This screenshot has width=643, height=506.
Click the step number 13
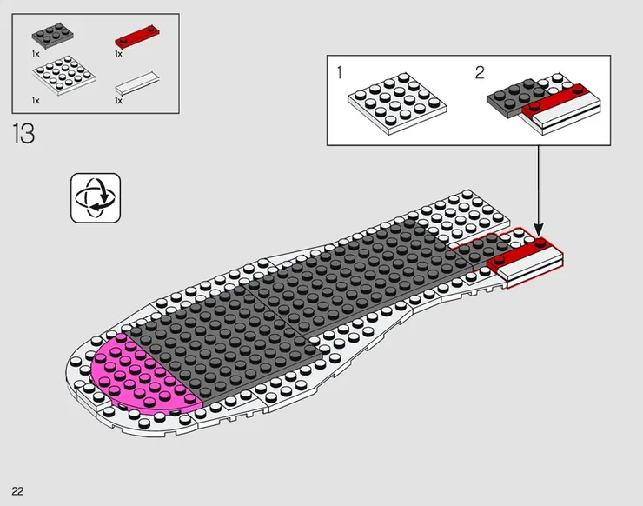[23, 133]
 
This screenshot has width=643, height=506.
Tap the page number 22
[17, 491]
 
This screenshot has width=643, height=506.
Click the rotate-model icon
[96, 198]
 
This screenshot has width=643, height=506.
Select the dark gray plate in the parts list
[53, 36]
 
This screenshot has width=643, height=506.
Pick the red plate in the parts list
[137, 37]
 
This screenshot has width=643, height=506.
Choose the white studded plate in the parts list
[64, 75]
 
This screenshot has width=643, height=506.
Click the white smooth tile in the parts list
[137, 83]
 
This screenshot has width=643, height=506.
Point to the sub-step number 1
[339, 73]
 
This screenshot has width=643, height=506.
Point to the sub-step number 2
[480, 73]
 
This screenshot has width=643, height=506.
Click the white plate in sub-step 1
[397, 103]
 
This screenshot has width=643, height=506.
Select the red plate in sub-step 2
[554, 100]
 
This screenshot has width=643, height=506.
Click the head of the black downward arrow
[539, 230]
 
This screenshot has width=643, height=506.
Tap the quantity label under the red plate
[118, 54]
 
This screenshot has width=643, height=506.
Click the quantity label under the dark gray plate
[36, 54]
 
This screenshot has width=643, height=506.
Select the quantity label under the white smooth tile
[118, 101]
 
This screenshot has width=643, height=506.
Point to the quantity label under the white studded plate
[36, 101]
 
